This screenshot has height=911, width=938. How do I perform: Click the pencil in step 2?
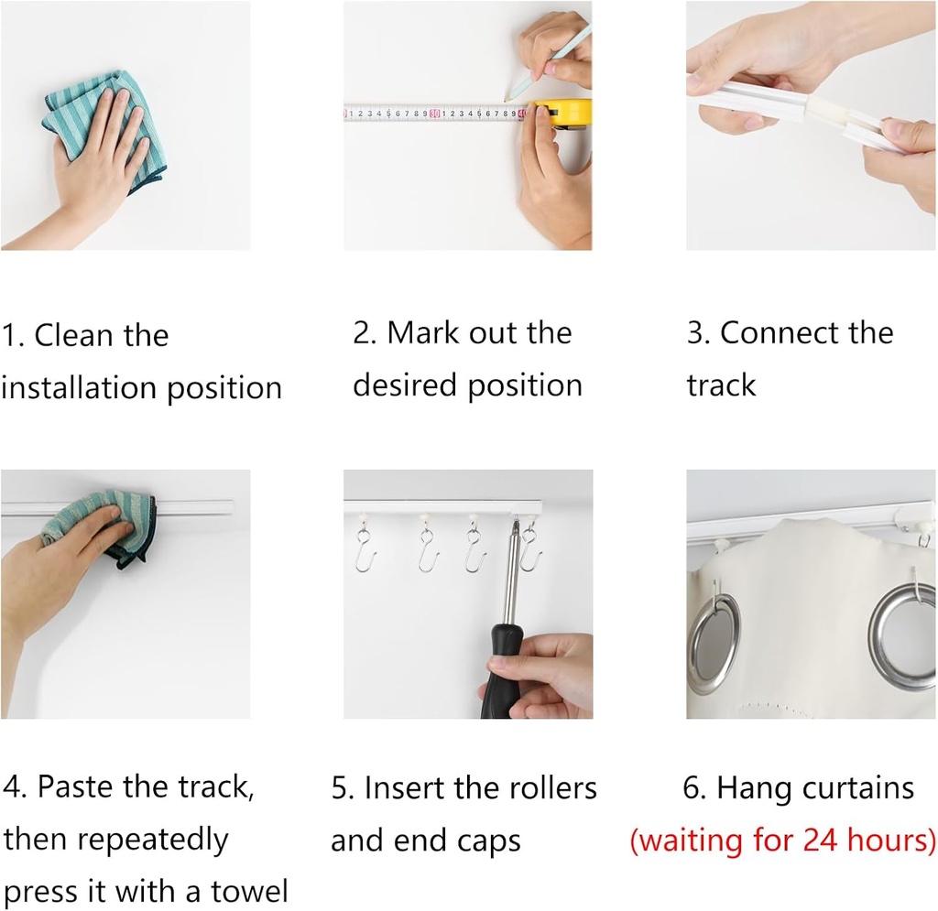(548, 61)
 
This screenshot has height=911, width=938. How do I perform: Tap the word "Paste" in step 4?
(76, 786)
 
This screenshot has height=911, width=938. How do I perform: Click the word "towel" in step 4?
(249, 891)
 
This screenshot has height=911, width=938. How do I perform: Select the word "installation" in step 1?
(79, 387)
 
